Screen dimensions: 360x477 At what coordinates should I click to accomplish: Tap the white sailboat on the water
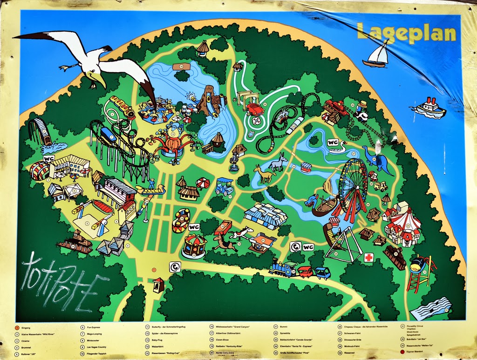coord(376,55)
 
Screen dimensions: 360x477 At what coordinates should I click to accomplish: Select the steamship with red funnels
coord(429,109)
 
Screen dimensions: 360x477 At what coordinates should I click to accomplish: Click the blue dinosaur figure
coord(378,159)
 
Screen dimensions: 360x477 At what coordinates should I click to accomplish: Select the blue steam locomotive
coord(283,269)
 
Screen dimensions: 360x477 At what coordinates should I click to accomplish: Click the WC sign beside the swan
coord(333,143)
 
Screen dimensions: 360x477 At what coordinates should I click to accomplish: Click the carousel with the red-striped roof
coord(194,244)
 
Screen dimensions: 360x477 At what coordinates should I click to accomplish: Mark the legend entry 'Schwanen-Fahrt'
coord(353,334)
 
